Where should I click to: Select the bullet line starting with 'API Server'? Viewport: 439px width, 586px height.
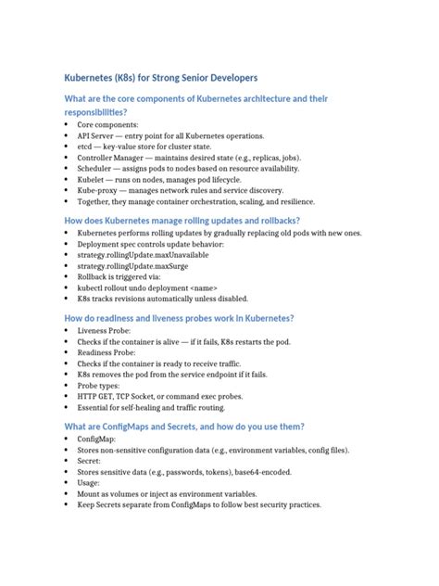coord(157,134)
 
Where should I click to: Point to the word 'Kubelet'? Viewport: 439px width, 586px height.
coord(91,179)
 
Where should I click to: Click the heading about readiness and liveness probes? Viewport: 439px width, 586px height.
coord(178,318)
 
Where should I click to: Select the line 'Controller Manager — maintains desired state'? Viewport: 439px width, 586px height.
coord(176,157)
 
